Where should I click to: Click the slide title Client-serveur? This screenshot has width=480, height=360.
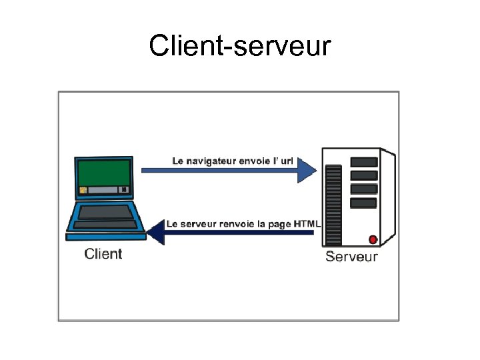pos(239,46)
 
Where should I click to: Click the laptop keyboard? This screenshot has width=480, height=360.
pos(105,213)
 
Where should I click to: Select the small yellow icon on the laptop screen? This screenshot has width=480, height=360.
pos(83,190)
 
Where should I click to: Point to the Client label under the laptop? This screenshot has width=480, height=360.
pos(103,253)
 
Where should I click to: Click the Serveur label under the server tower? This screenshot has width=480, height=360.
pos(351,257)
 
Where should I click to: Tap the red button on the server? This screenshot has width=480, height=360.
pos(373,239)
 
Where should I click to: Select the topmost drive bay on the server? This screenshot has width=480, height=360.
pos(363,162)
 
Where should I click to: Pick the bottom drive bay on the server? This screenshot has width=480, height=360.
pos(363,203)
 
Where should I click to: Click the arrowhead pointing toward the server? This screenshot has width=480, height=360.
pos(307,171)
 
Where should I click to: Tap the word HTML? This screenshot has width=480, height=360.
pos(308,224)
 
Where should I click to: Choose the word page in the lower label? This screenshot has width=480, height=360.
pos(281,225)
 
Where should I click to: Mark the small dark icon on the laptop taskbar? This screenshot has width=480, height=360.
pos(123,190)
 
